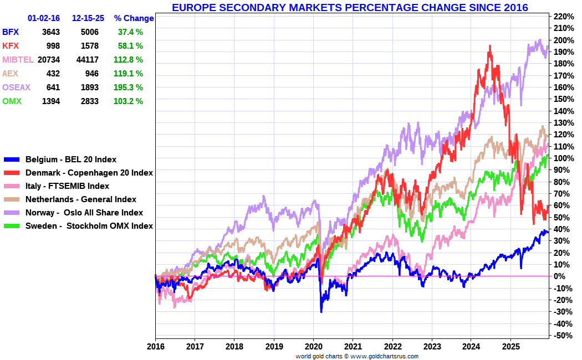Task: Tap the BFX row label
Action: click(x=11, y=32)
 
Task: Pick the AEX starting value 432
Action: click(x=53, y=74)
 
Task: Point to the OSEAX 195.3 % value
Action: click(x=128, y=88)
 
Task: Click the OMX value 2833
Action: click(x=90, y=101)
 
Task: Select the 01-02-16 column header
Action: click(x=44, y=18)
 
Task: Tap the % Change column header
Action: click(x=134, y=18)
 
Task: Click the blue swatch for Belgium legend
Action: click(x=12, y=160)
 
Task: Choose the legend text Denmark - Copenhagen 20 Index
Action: click(x=89, y=173)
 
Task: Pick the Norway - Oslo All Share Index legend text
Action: click(x=84, y=213)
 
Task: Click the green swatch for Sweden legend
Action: click(x=12, y=226)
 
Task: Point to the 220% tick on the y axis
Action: click(x=564, y=16)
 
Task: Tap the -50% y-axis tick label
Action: click(x=564, y=336)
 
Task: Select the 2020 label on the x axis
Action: click(x=313, y=347)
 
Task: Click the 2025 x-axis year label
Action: click(x=510, y=347)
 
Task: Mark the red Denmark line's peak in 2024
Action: click(x=490, y=47)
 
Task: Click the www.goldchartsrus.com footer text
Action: click(x=384, y=356)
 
